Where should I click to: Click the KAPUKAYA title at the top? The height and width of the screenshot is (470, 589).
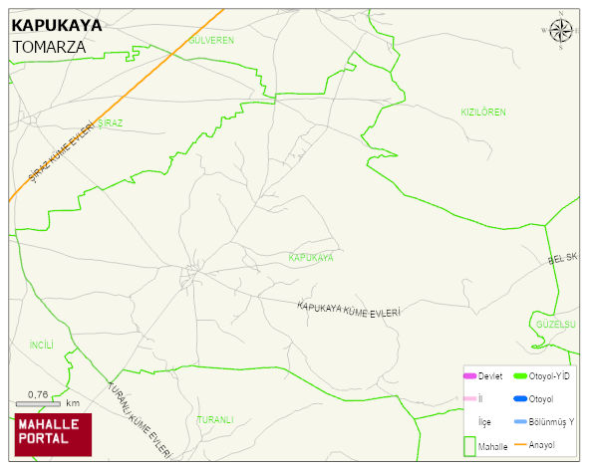tap(49, 26)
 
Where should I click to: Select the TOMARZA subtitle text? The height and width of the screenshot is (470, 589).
tap(49, 46)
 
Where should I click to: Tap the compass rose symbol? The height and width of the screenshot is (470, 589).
tap(561, 32)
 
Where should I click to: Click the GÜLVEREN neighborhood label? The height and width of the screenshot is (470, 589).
tap(211, 40)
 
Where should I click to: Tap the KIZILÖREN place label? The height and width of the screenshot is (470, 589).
tap(483, 112)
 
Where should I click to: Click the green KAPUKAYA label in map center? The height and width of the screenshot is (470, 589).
tap(310, 257)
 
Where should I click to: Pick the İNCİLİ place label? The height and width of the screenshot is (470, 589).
tap(41, 345)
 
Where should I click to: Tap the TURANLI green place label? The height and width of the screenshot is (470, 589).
tap(214, 419)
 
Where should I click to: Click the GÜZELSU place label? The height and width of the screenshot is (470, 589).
tap(556, 325)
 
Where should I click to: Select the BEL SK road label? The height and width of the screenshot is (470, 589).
tap(563, 259)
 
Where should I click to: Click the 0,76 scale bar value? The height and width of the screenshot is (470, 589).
tap(38, 394)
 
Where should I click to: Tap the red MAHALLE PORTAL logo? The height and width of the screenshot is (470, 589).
tap(53, 434)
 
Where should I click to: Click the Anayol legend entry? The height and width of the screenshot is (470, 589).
tap(542, 444)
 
